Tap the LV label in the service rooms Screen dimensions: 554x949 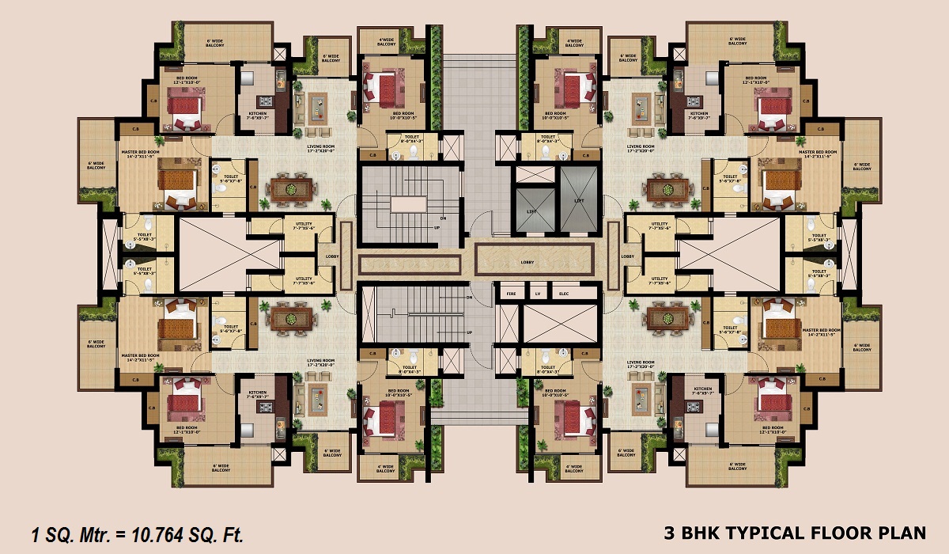coord(538,294)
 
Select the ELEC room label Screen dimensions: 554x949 coord(564,294)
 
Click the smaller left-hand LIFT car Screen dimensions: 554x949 coord(531,203)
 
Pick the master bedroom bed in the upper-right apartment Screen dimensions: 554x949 coord(783,183)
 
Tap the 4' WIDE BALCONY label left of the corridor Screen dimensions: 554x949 coord(386,42)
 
